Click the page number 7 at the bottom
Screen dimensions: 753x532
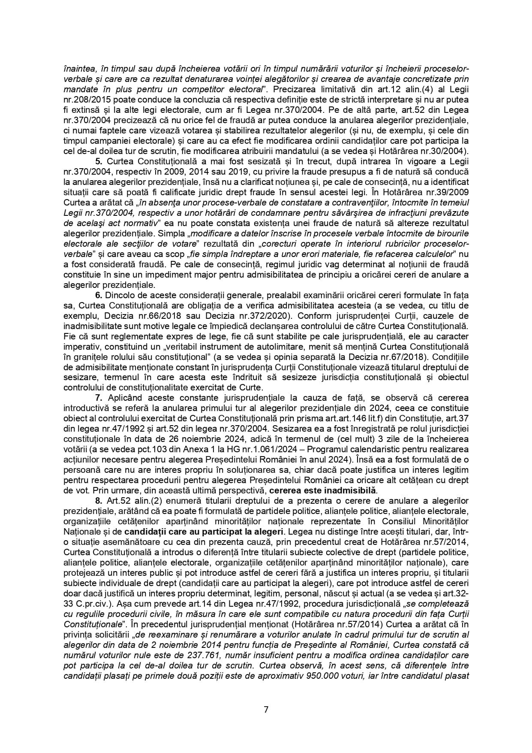266,709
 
